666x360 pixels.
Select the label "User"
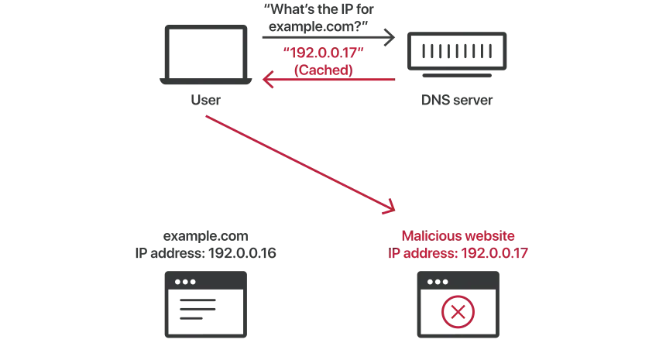pos(205,100)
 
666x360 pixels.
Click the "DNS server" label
pos(457,100)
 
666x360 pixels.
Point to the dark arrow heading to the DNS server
pos(328,37)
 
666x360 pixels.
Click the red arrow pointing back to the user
pos(328,79)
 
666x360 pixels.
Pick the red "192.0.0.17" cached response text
pos(323,53)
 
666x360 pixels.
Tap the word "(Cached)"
pos(323,70)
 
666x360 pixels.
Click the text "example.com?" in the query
pos(318,26)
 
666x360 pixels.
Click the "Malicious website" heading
pos(458,235)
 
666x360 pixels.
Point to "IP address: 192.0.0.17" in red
pos(458,253)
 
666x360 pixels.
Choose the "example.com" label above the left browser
pos(205,236)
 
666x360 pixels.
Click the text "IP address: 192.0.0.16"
pos(205,253)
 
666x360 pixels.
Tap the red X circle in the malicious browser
pos(458,312)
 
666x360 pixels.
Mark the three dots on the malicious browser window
pos(438,282)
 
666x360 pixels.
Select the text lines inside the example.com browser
pos(197,309)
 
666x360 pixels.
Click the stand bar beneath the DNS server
pos(457,76)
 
